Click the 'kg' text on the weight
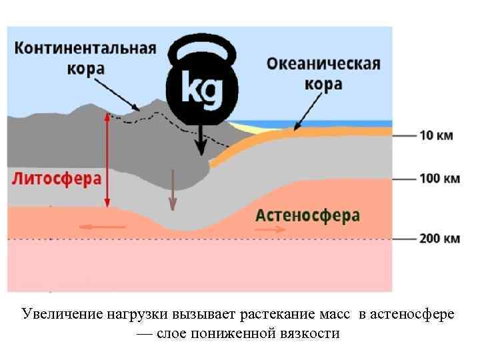pos(201,91)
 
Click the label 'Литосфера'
pos(57,179)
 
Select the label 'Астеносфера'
pos(308,216)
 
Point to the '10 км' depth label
pos(436,135)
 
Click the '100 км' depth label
pos(440,179)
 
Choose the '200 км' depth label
pos(440,238)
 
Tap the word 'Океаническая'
pos(323,65)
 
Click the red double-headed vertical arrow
pos(107,160)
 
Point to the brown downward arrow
pos(173,190)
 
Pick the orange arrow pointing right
pos(271,229)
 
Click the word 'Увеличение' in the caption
pos(60,314)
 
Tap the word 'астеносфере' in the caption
pos(415,314)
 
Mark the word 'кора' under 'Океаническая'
pos(323,85)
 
